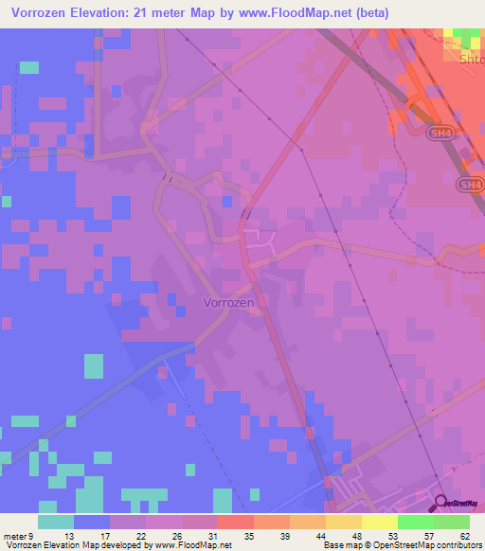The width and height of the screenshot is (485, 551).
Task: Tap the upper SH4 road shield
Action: [x=439, y=135]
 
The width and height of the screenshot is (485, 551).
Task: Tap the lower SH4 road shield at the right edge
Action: [x=470, y=184]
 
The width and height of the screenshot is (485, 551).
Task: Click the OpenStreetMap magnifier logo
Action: [x=441, y=504]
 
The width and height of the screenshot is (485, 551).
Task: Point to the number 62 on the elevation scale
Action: [x=462, y=535]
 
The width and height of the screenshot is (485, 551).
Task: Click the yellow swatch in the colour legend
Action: [x=380, y=522]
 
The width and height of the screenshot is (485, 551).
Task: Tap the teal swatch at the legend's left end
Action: [x=56, y=522]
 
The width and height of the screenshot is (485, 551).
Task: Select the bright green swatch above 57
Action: [x=416, y=522]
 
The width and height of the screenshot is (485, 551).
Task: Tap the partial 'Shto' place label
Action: [x=471, y=58]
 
